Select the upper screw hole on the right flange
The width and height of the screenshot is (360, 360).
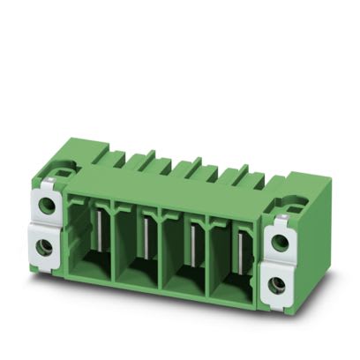tap(283, 241)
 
